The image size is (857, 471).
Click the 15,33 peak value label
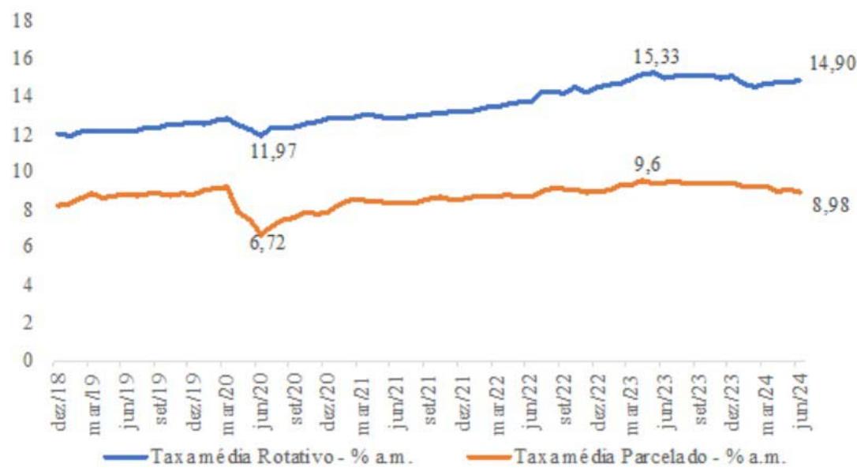pos(657,57)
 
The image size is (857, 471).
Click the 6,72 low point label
pos(267,244)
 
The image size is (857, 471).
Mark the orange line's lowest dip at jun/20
pos(260,233)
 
